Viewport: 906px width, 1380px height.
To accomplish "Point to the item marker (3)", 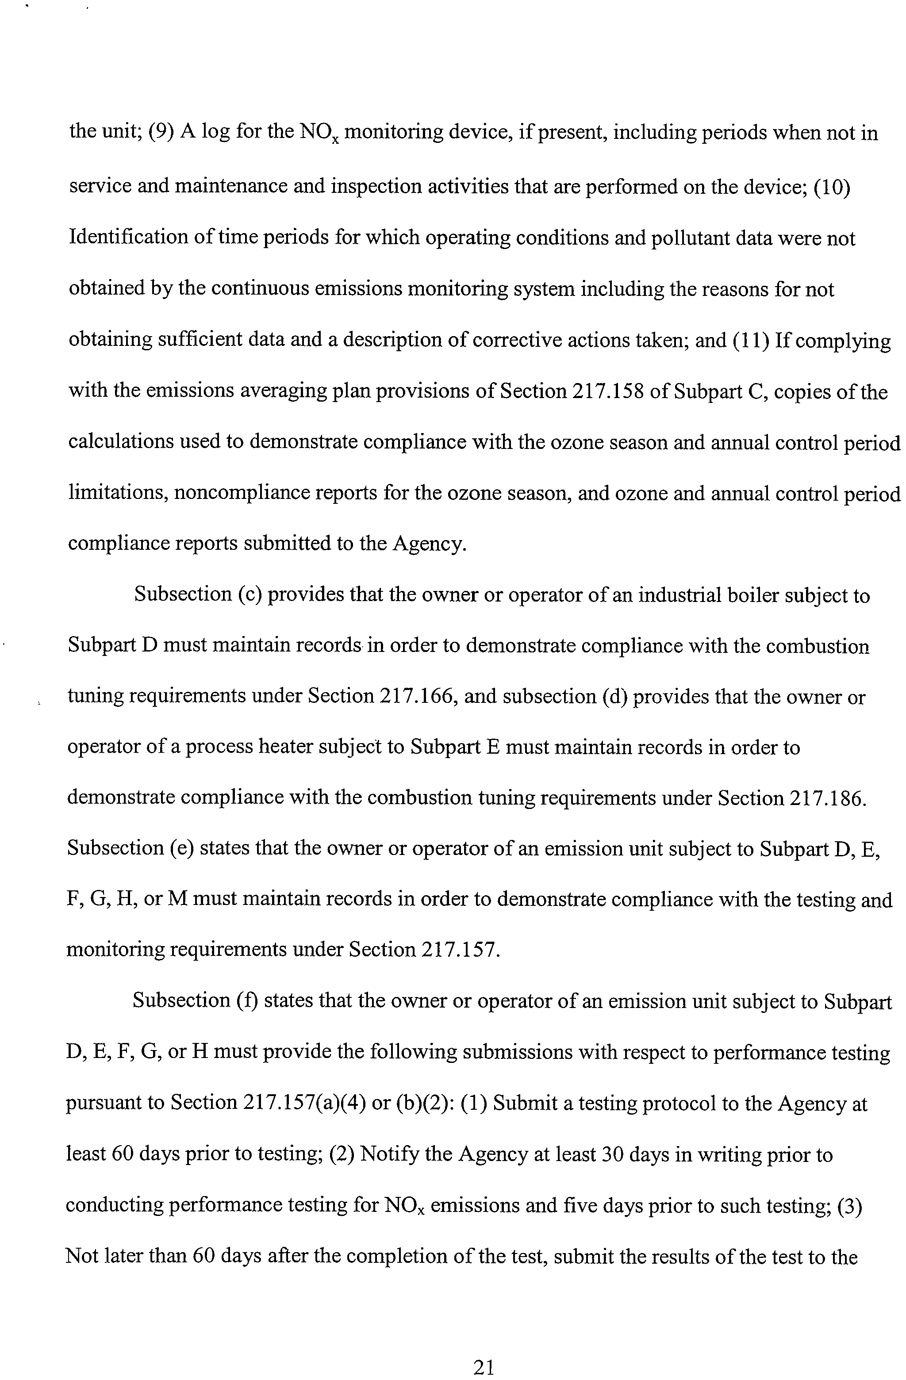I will (x=850, y=1205).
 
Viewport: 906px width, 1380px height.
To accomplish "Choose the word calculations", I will (x=119, y=442).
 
